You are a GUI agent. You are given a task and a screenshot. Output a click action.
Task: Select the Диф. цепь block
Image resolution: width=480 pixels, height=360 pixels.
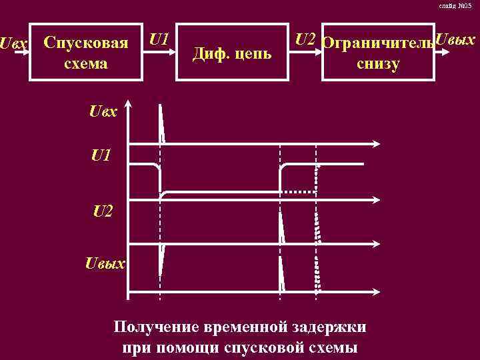click(232, 53)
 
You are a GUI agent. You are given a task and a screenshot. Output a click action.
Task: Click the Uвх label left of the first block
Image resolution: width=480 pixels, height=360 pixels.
click(14, 44)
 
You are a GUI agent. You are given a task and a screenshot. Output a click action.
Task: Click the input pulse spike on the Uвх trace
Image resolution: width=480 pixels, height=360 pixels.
click(161, 123)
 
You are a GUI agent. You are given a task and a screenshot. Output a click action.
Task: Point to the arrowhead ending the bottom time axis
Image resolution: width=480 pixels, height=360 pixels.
click(378, 291)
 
